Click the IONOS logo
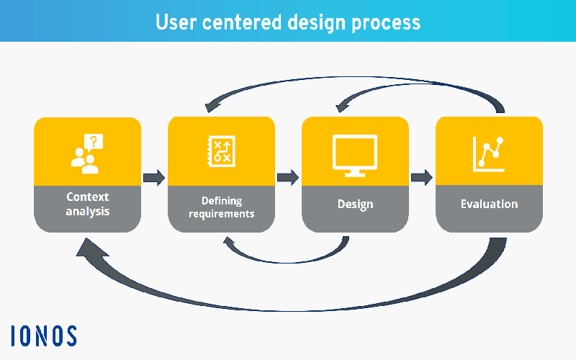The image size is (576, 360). (x=44, y=336)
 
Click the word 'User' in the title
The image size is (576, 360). (x=176, y=22)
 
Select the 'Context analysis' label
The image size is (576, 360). (x=87, y=204)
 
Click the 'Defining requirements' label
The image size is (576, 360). (x=222, y=207)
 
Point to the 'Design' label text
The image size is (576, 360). (x=355, y=204)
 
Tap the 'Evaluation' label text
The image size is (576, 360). (x=490, y=204)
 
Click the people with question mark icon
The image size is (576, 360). (x=87, y=153)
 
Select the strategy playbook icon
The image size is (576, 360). (x=222, y=151)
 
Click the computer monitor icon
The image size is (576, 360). (x=355, y=156)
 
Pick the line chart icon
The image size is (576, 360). (x=488, y=154)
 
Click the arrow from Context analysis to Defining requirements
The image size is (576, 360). (x=154, y=178)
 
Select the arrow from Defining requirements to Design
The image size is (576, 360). (x=287, y=178)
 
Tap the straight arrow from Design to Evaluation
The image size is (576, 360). (x=422, y=178)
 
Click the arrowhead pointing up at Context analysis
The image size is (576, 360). (x=90, y=248)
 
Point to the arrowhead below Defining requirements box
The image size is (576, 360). (x=230, y=243)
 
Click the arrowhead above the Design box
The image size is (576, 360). (x=343, y=106)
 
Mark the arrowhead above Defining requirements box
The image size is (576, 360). (x=212, y=106)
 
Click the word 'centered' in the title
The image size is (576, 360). (x=242, y=22)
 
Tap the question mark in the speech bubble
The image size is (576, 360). (x=94, y=140)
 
